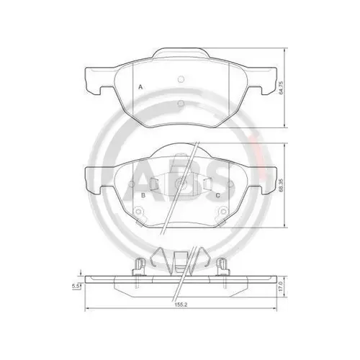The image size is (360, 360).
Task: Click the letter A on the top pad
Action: tap(140, 87)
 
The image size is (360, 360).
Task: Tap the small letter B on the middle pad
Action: tap(144, 194)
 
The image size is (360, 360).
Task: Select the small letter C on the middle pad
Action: tap(217, 194)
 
